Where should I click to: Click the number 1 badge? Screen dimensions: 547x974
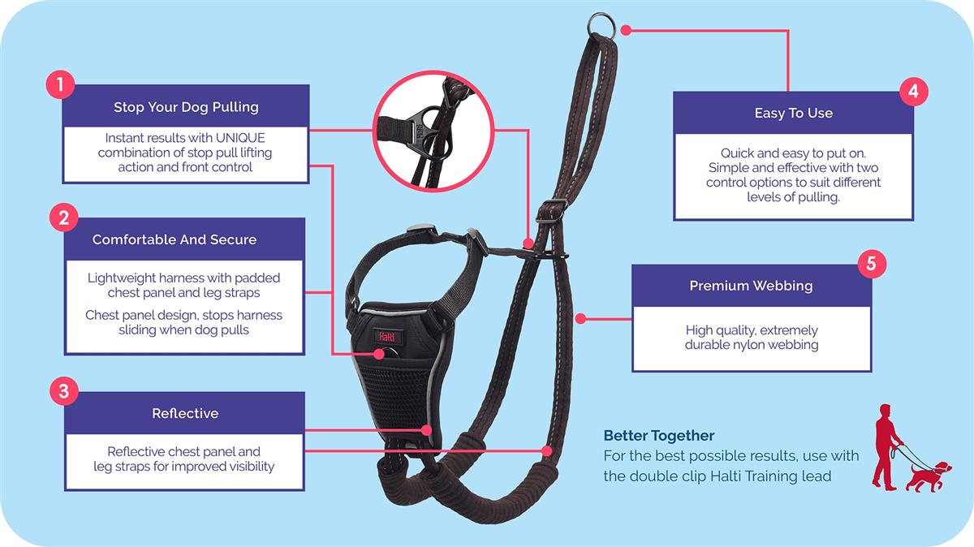point(61,84)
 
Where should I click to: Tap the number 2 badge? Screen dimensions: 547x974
point(63,217)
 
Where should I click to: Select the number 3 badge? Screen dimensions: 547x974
point(63,391)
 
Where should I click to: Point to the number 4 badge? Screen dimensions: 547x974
point(913,91)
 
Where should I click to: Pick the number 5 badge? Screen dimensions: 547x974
point(871,264)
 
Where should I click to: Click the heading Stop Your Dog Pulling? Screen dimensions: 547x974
point(186,107)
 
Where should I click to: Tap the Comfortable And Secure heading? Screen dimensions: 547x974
point(174,239)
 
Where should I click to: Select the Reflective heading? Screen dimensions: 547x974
point(185,413)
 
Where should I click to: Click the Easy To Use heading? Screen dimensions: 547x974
point(793,113)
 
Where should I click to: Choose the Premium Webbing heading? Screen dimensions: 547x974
point(751,286)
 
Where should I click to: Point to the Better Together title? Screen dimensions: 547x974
point(659,436)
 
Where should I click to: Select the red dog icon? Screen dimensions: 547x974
point(928,476)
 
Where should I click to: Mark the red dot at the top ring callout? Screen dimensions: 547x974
point(626,31)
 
